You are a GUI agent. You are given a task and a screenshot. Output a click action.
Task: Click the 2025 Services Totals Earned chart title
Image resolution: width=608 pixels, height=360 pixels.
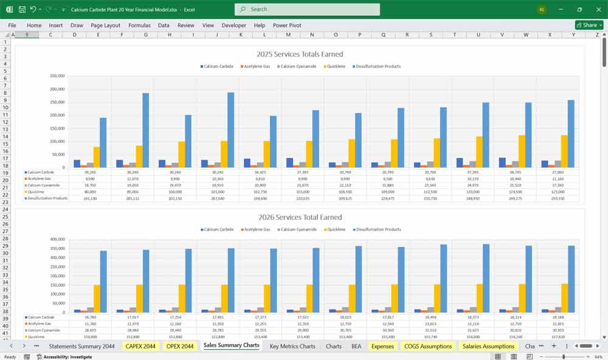click(x=300, y=54)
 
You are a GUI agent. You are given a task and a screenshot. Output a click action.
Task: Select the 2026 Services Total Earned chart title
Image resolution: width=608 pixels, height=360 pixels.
click(x=300, y=217)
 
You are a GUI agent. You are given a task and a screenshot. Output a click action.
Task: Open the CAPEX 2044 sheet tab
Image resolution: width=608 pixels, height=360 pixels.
click(x=140, y=346)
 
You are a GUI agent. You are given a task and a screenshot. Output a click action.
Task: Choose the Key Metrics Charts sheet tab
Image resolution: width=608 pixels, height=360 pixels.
click(x=292, y=346)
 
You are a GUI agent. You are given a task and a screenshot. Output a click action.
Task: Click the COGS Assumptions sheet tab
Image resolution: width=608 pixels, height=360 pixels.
click(x=429, y=346)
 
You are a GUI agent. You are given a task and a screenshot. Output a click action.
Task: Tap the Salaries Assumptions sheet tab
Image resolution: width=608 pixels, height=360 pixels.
click(x=488, y=346)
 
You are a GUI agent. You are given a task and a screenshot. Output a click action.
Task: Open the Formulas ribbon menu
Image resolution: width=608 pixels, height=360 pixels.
click(x=139, y=26)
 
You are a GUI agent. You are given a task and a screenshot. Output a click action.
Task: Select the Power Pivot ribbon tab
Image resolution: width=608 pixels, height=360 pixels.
click(x=287, y=26)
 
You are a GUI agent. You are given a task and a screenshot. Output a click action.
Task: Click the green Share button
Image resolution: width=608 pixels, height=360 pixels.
click(x=589, y=26)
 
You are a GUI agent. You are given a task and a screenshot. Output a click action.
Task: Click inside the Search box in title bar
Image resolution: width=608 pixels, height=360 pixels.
click(x=307, y=9)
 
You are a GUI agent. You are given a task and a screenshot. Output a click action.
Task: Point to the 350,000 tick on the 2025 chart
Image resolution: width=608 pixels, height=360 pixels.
click(x=56, y=76)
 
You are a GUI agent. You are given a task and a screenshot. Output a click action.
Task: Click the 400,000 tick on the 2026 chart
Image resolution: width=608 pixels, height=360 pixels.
click(x=56, y=239)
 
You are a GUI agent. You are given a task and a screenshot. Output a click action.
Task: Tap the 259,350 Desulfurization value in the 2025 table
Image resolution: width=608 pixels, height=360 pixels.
click(x=558, y=198)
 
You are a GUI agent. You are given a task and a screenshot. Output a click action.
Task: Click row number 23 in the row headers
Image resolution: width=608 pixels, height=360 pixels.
click(x=5, y=209)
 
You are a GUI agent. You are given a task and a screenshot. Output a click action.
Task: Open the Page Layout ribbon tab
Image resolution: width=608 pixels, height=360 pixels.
click(x=105, y=26)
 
